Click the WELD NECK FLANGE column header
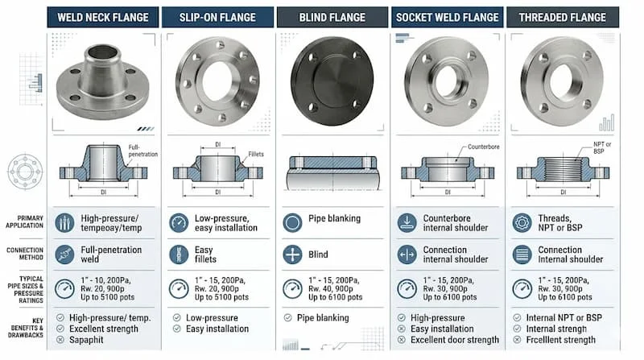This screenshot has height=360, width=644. (103, 17)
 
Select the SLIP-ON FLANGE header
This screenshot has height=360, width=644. (217, 17)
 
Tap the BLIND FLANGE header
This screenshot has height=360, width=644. (332, 17)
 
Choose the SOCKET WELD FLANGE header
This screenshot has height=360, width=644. (448, 17)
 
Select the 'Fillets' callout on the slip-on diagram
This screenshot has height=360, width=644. (257, 153)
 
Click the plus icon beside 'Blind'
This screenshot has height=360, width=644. (294, 255)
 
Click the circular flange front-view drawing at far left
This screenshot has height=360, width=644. (24, 172)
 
